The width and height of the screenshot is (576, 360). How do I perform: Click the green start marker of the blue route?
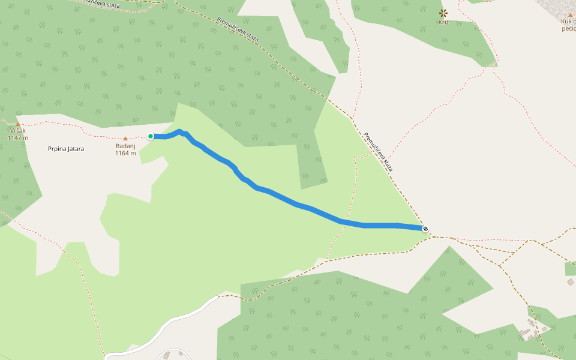[151, 136]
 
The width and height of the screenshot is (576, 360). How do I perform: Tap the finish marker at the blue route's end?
[425, 228]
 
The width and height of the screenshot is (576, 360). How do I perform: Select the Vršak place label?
[18, 130]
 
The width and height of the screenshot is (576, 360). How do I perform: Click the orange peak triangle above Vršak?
[18, 124]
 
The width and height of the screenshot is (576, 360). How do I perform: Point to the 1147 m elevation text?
[18, 137]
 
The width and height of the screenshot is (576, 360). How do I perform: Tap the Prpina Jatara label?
[66, 148]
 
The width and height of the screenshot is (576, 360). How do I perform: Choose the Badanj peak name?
[125, 146]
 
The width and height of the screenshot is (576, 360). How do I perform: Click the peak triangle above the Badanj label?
[125, 139]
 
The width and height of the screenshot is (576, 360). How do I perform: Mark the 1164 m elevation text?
[125, 153]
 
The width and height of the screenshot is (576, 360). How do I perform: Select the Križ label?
[443, 22]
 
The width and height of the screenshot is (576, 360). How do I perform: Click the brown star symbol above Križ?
[443, 13]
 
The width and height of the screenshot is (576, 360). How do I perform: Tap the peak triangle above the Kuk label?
[570, 14]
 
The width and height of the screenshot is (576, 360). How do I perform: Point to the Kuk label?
[568, 22]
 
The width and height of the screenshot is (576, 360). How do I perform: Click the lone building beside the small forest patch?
[570, 281]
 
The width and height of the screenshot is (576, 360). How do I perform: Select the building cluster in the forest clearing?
[533, 329]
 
